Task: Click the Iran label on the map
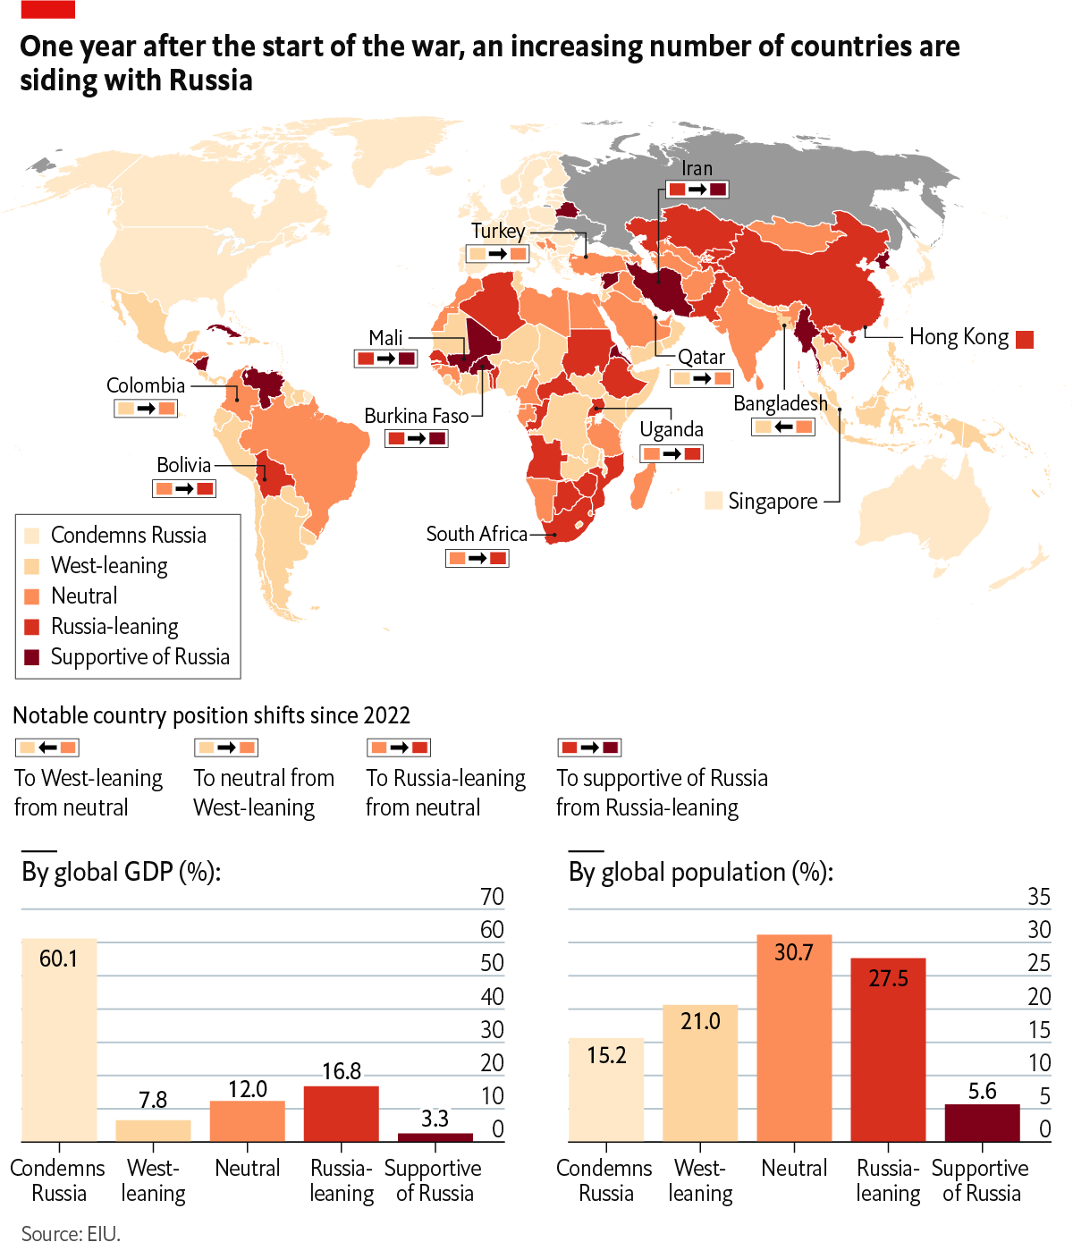pos(697,168)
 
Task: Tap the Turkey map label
pos(498,231)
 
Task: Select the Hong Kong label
pos(959,337)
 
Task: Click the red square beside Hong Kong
pos(1025,339)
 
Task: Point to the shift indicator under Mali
pos(385,359)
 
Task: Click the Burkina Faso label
pos(416,416)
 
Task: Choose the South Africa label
pos(477,534)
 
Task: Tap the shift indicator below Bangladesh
pos(783,427)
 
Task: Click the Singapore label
pos(773,502)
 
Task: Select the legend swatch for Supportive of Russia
pos(32,657)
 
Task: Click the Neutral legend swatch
pos(32,596)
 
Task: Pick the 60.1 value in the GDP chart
pos(58,959)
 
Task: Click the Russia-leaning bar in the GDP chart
pos(342,1113)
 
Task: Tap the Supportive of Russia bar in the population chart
pos(982,1122)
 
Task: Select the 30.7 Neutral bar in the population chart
pos(794,1037)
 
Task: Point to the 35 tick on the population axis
pos(1038,896)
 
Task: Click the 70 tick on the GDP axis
pos(492,896)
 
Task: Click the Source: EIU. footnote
pos(71,1234)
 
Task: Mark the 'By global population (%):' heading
pos(700,872)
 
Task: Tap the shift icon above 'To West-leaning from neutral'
pos(47,748)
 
